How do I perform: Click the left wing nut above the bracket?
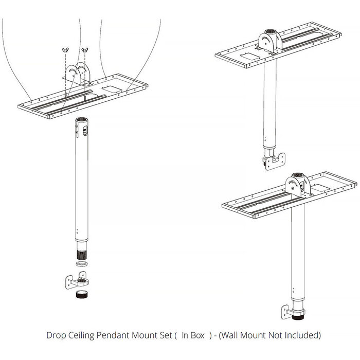[x=65, y=49]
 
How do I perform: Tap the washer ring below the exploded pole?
[x=80, y=263]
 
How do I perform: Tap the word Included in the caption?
[x=302, y=336]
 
